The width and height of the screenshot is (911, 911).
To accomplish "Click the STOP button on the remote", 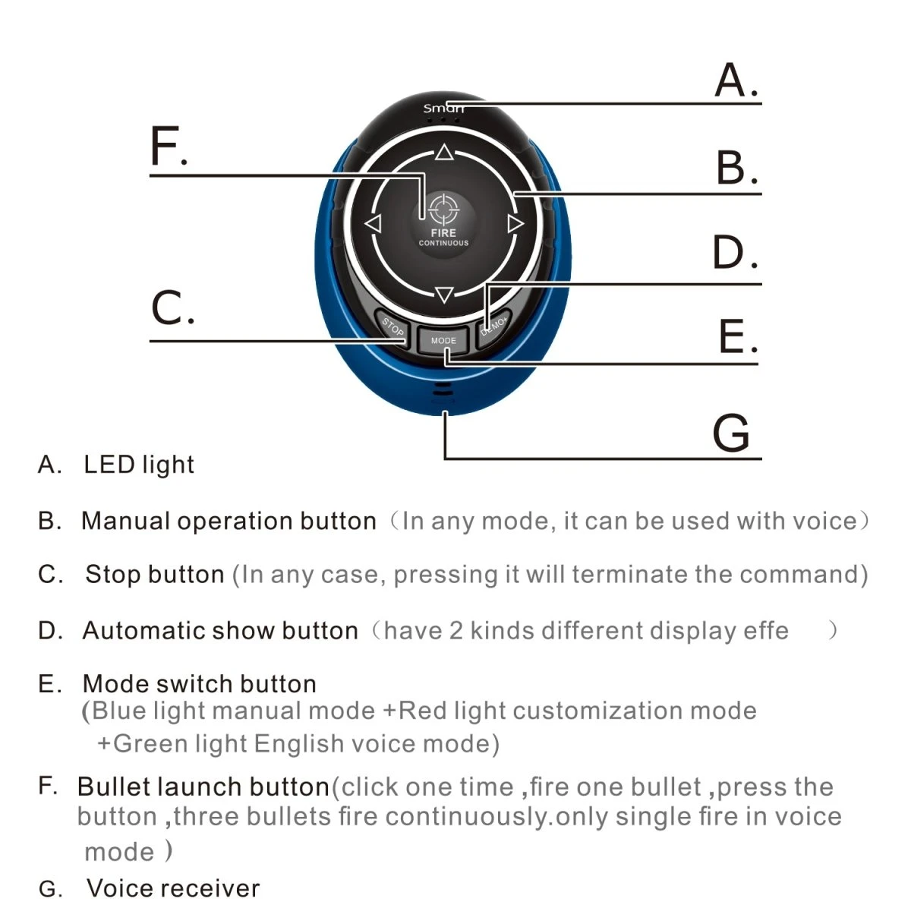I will [392, 328].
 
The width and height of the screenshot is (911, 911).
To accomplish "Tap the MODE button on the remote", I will [443, 341].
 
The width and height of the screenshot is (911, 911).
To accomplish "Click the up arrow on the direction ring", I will [444, 154].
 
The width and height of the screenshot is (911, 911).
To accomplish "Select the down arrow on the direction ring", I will [445, 295].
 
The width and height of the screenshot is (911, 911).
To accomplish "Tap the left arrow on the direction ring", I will [372, 224].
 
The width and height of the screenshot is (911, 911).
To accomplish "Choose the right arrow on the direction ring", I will [515, 224].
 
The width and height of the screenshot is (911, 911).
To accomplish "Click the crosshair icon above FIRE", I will [443, 208].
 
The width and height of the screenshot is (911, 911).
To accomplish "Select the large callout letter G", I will [730, 433].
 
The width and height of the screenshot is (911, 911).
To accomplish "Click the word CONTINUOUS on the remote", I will [443, 244].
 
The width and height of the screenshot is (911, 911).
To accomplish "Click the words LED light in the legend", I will [139, 465].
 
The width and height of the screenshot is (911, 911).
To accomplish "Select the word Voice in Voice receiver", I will [119, 887].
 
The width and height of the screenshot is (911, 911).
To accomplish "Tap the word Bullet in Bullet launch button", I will [115, 787].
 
